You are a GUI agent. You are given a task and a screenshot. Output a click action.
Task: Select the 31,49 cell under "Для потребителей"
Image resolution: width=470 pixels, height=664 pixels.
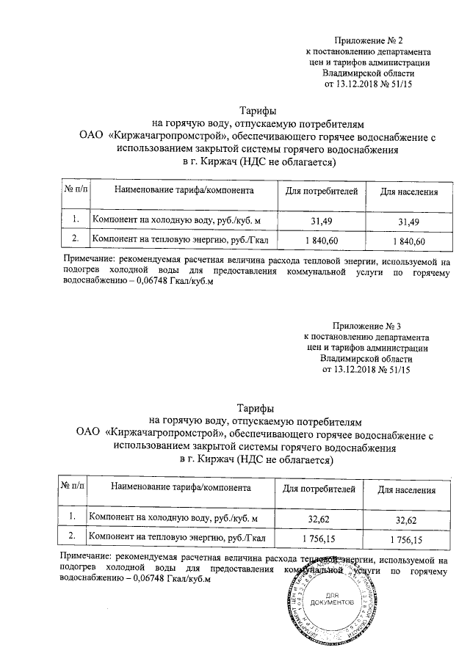pos(321,222)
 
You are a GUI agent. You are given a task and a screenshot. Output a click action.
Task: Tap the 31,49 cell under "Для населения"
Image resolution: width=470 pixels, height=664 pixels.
pos(408,222)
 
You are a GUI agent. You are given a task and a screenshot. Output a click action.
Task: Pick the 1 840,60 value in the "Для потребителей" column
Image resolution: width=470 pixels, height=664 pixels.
pos(321,240)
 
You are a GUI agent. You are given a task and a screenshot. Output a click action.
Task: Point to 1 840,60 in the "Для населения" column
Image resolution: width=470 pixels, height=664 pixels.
pos(408,241)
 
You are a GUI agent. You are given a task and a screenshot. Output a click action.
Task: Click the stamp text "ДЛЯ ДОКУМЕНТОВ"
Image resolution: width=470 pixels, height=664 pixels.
pos(333,599)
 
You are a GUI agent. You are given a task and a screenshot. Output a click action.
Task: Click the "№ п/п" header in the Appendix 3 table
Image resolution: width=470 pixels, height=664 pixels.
pos(73,487)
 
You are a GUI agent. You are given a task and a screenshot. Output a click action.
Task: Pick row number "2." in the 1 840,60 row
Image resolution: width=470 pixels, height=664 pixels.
pos(75,239)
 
